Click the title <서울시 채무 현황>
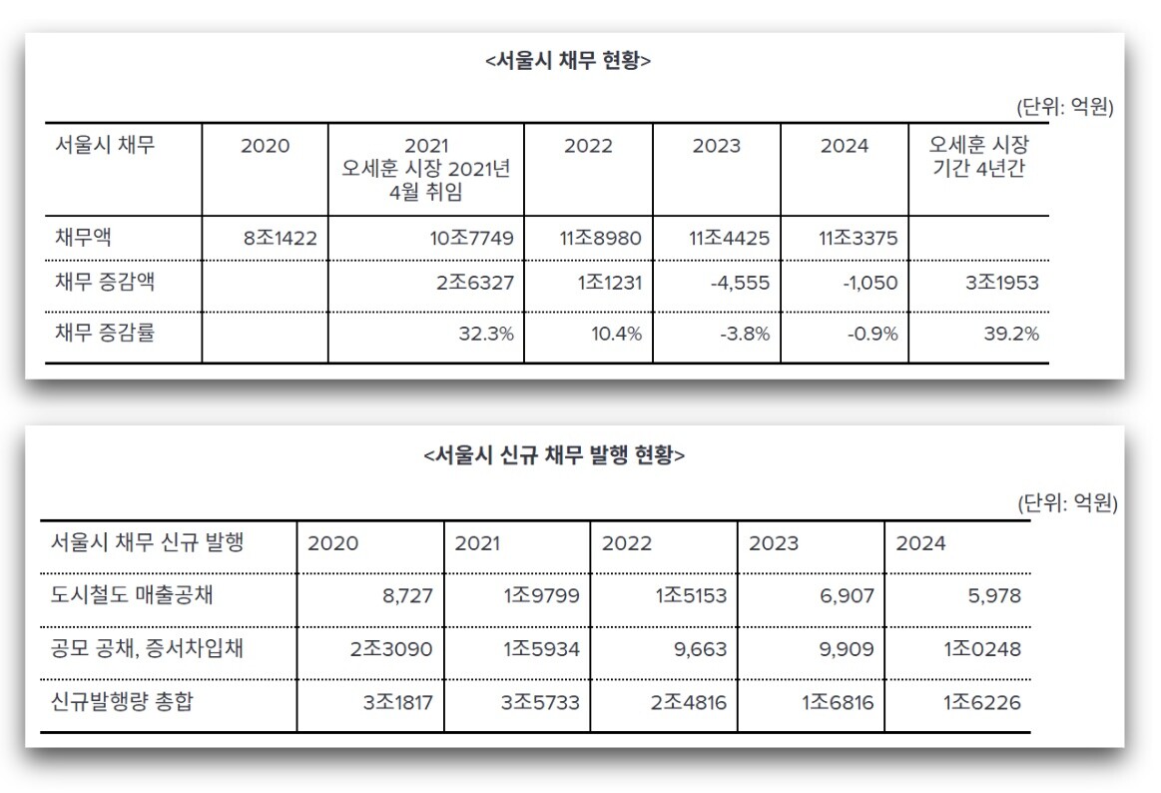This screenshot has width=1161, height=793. (568, 61)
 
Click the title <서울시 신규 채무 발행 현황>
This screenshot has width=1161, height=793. (555, 455)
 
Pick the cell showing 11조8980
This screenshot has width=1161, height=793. (601, 239)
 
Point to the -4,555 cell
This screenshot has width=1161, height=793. (740, 283)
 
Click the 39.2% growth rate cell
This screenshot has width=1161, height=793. (1011, 334)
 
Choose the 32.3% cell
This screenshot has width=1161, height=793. (485, 334)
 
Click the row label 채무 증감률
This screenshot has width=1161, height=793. (105, 334)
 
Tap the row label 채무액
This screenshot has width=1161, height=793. (83, 239)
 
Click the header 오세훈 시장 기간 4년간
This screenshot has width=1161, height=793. (978, 157)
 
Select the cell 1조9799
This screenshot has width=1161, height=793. (541, 597)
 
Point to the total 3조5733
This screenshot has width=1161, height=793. (541, 702)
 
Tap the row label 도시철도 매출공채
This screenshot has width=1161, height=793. (132, 597)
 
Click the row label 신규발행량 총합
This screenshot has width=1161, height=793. (122, 702)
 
